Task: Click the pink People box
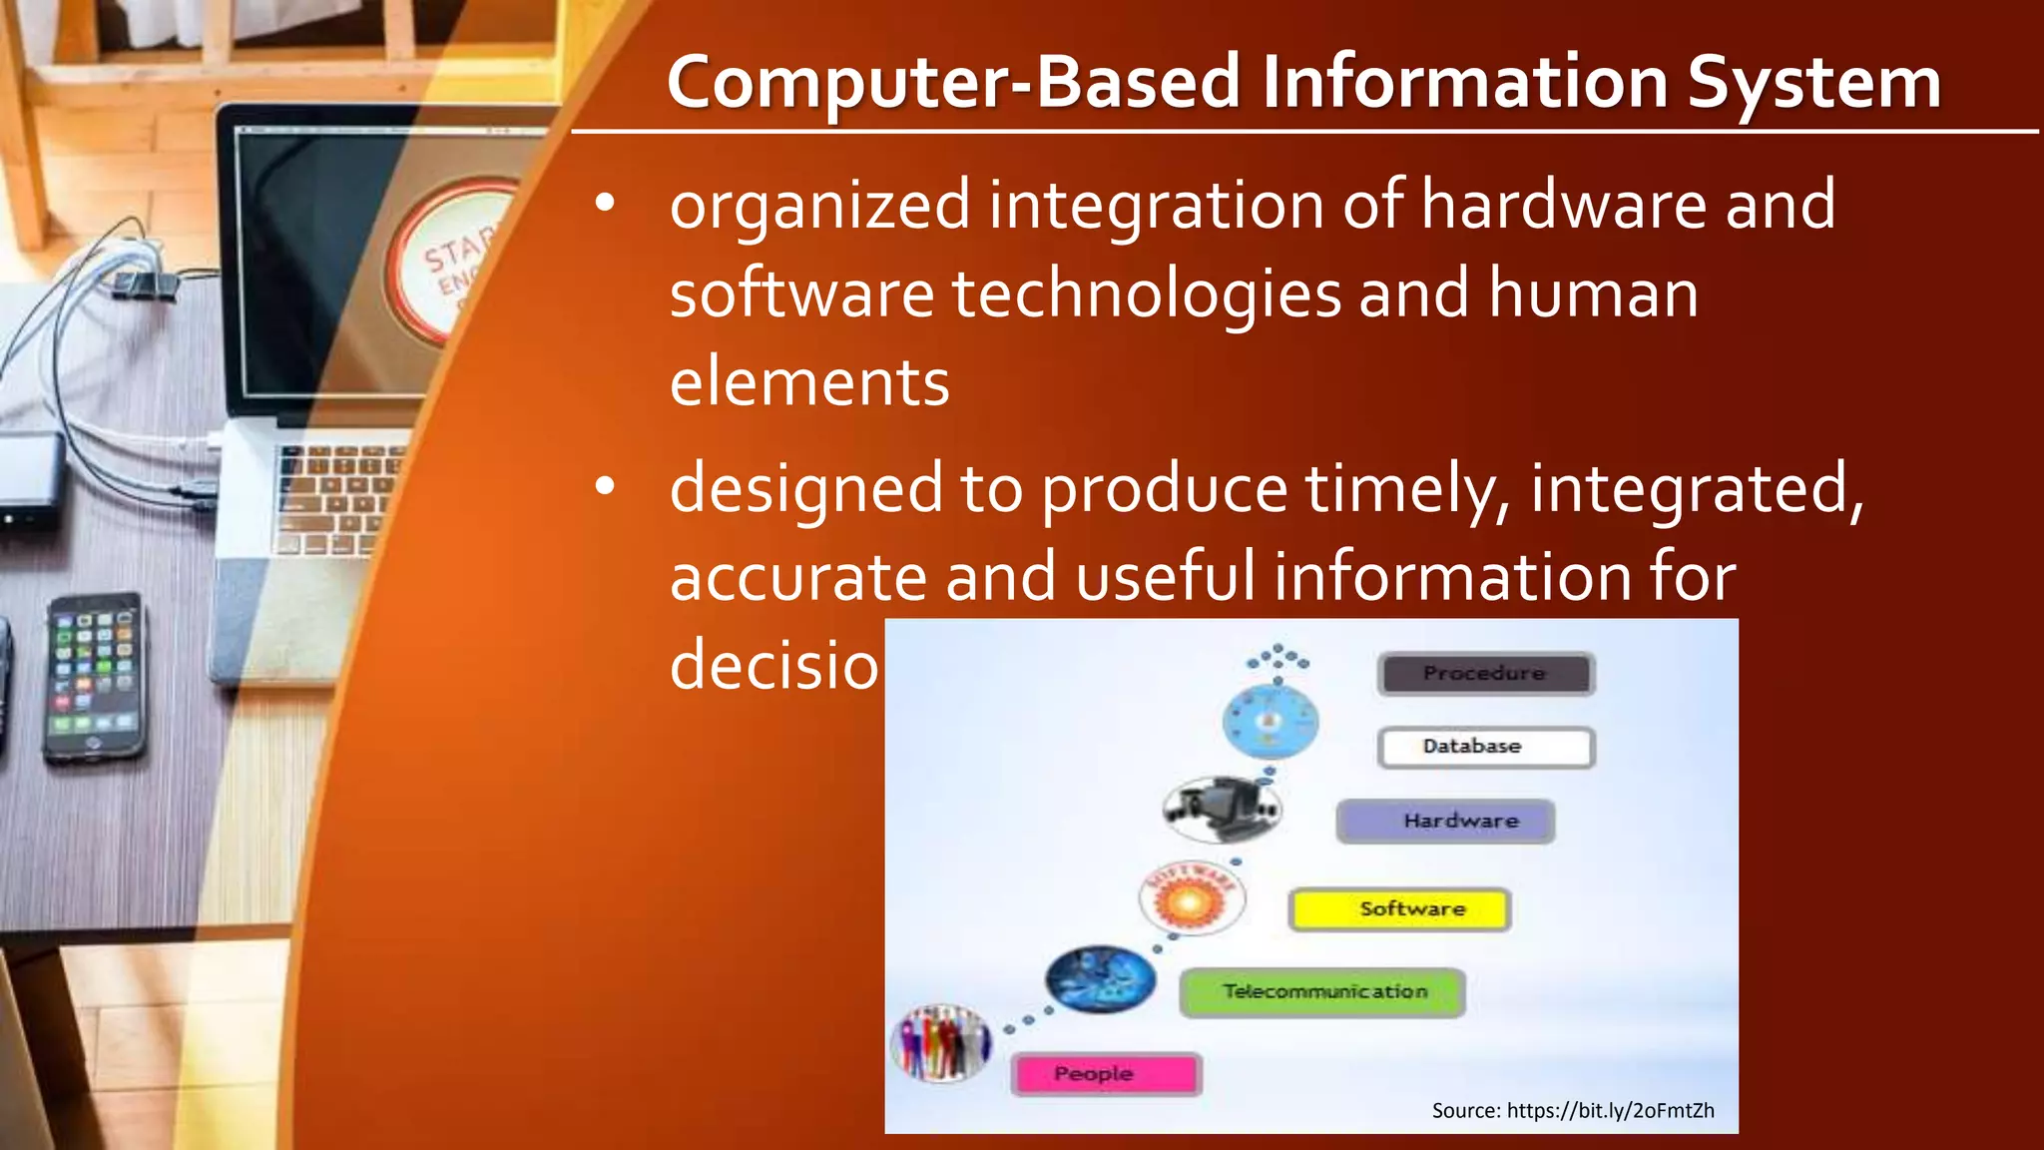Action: (1106, 1074)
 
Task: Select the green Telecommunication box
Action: (1322, 992)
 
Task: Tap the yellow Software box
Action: (1399, 909)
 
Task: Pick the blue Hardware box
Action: (1445, 822)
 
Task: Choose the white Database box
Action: (1485, 747)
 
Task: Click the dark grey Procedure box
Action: (1485, 674)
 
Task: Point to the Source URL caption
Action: (1572, 1110)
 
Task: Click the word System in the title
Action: (1813, 82)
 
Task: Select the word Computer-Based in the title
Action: (955, 84)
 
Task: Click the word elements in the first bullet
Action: (808, 382)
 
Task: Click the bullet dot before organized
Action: (605, 204)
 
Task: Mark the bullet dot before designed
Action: (605, 487)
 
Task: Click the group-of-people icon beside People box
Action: (940, 1043)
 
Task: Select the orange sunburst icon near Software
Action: (1192, 897)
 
